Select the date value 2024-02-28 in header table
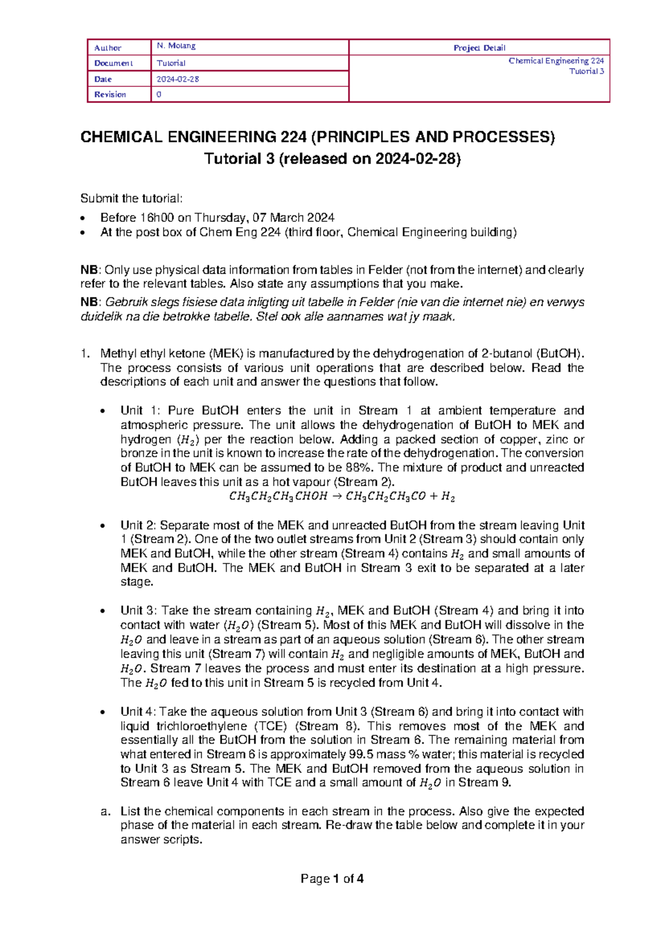pos(178,79)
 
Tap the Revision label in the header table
pos(110,95)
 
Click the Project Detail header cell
pos(479,48)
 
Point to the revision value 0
pos(159,95)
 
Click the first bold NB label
pos(89,270)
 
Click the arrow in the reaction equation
pos(336,497)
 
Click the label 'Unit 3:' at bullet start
pos(139,611)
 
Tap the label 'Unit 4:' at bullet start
pos(139,712)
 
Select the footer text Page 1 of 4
pos(332,879)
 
